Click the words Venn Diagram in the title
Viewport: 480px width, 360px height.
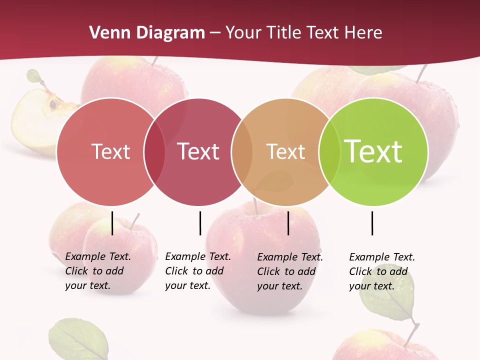pyautogui.click(x=146, y=33)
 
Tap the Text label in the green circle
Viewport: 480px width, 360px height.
pyautogui.click(x=373, y=151)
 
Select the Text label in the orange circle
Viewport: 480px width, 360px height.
pyautogui.click(x=285, y=151)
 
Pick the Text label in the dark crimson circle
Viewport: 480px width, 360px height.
pyautogui.click(x=198, y=151)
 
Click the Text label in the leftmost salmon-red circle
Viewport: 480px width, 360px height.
pyautogui.click(x=110, y=151)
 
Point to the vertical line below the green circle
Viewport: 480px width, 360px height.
pyautogui.click(x=372, y=223)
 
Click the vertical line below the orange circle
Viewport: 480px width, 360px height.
pyautogui.click(x=288, y=223)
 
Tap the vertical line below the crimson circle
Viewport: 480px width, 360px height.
pyautogui.click(x=200, y=223)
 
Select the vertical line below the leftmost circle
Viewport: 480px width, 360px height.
pyautogui.click(x=112, y=223)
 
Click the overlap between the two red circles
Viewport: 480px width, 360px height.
pyautogui.click(x=154, y=151)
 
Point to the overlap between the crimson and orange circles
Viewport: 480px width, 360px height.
pyautogui.click(x=242, y=151)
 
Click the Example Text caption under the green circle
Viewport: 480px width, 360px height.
pyautogui.click(x=382, y=271)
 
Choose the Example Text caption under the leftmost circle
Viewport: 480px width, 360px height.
pyautogui.click(x=98, y=271)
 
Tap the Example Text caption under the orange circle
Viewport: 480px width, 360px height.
pyautogui.click(x=290, y=271)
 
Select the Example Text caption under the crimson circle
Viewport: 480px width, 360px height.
pyautogui.click(x=198, y=271)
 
